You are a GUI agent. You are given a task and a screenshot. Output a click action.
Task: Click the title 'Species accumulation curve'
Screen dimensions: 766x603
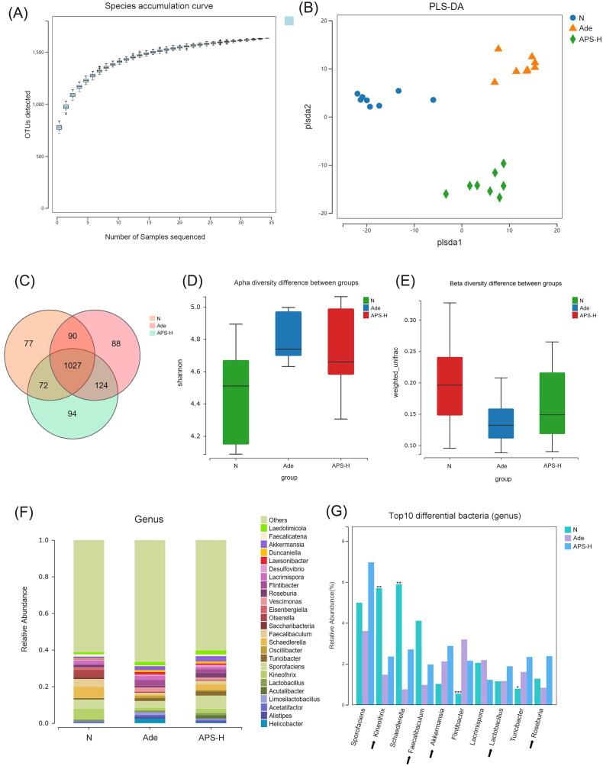tap(157, 6)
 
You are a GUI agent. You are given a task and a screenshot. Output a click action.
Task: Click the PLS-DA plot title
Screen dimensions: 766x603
tap(442, 8)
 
